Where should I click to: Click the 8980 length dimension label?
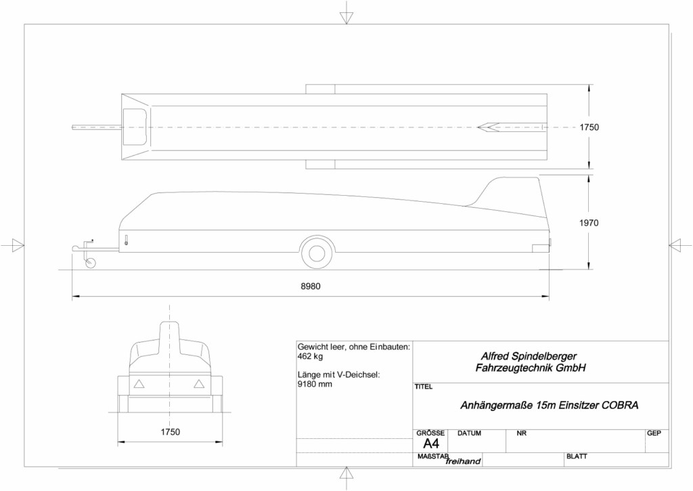[310, 286]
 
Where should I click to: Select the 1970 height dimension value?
[589, 223]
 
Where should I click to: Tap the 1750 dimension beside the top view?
[589, 127]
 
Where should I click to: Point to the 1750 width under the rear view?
[170, 431]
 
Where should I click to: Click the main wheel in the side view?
[317, 253]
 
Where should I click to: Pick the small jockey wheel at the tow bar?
[90, 263]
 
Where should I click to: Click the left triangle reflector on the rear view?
[139, 384]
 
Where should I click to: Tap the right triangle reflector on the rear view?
[199, 384]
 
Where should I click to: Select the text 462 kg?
[310, 356]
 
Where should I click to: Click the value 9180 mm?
[315, 384]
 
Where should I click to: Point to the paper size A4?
[431, 444]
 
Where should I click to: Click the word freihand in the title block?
[463, 462]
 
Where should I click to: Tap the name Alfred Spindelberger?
[529, 356]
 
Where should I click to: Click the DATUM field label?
[469, 433]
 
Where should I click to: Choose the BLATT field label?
[577, 456]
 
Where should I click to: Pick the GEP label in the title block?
[654, 433]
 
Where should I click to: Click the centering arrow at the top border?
[346, 18]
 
